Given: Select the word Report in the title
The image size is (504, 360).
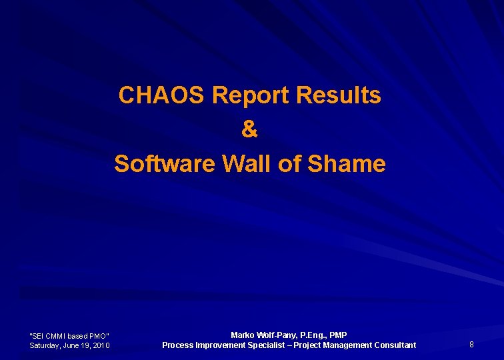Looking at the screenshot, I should point(251,95).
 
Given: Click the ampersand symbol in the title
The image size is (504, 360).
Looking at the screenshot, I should point(249,129).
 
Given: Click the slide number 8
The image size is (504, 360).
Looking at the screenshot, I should point(471,345).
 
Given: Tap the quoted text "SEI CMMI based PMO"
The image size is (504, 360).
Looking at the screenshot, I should point(70,335).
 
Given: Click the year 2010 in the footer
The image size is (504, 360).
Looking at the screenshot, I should point(101,345).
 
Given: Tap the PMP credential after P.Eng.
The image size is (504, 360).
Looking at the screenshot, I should point(339,335).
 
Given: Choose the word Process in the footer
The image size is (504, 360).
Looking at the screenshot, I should point(178,345).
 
